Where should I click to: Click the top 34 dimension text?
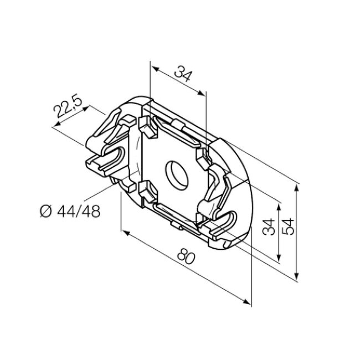pyautogui.click(x=183, y=73)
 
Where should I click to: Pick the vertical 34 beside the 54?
pyautogui.click(x=270, y=227)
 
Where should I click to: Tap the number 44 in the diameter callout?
pyautogui.click(x=65, y=211)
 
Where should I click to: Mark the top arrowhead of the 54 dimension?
pyautogui.click(x=298, y=185)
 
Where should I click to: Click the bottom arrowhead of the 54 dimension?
pyautogui.click(x=298, y=279)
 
